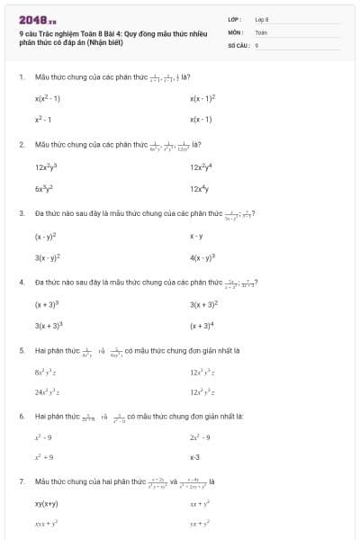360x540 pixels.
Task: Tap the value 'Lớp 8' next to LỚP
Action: pyautogui.click(x=262, y=19)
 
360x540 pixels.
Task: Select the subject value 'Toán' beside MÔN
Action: pyautogui.click(x=261, y=31)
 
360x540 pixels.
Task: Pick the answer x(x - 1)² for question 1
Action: pyautogui.click(x=203, y=98)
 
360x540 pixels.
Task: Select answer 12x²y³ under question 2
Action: pyautogui.click(x=46, y=167)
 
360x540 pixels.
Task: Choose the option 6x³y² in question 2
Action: pyautogui.click(x=46, y=188)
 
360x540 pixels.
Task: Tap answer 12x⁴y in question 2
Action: pyautogui.click(x=202, y=188)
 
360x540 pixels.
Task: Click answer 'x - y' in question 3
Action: pyautogui.click(x=196, y=237)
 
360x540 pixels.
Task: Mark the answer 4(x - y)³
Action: pyautogui.click(x=203, y=258)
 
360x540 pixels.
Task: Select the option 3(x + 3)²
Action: pyautogui.click(x=205, y=305)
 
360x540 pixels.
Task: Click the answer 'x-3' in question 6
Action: pyautogui.click(x=194, y=457)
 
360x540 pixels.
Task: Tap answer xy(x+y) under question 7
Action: pyautogui.click(x=47, y=504)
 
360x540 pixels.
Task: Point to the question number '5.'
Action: pyautogui.click(x=22, y=350)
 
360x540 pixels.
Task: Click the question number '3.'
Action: pyautogui.click(x=22, y=213)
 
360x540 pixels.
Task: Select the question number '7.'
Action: pyautogui.click(x=22, y=481)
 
